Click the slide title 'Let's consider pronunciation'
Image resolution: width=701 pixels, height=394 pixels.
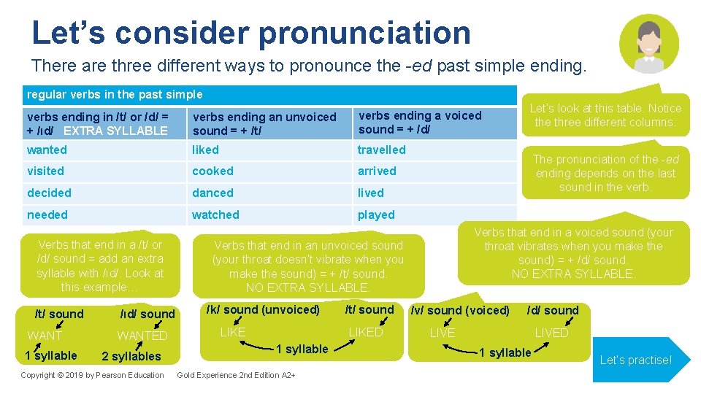[251, 33]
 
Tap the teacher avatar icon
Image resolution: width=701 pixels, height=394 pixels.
[648, 44]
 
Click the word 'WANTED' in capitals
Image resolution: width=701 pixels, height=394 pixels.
[142, 336]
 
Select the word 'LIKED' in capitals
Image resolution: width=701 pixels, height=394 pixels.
[365, 332]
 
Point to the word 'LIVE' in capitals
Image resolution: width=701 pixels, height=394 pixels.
[442, 333]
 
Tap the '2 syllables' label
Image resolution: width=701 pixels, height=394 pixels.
[131, 356]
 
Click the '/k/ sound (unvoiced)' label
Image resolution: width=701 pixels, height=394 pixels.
[263, 309]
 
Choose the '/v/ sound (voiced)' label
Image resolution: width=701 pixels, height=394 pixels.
[460, 310]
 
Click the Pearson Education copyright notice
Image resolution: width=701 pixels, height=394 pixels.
[92, 375]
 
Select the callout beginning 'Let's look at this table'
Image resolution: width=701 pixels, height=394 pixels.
[605, 115]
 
